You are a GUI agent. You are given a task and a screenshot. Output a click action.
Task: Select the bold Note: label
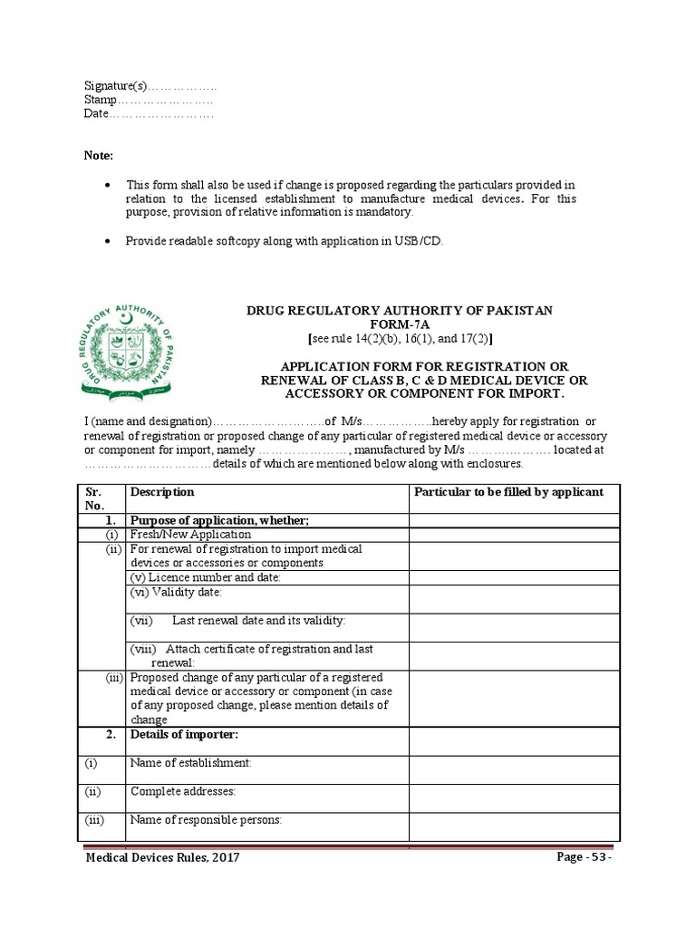[99, 156]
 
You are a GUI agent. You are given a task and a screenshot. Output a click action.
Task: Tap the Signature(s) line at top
[150, 86]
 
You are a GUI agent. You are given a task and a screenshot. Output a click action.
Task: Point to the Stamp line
[149, 100]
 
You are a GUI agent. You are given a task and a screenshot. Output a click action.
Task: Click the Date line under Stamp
[149, 114]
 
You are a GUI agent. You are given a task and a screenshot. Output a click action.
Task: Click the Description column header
[162, 492]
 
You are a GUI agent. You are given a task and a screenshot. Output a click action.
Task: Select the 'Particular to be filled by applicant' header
[508, 492]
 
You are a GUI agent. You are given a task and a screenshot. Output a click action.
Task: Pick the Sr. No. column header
[96, 498]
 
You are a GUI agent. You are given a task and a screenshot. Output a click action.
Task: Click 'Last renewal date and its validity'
[258, 621]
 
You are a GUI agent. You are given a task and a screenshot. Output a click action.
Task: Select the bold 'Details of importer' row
[184, 735]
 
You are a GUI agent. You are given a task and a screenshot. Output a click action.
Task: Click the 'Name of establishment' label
[190, 763]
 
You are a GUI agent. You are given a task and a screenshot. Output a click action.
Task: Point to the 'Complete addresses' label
[183, 791]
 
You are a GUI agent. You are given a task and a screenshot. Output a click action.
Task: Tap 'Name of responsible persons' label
[206, 820]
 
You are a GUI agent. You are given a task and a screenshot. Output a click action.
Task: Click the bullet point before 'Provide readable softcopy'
[109, 241]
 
